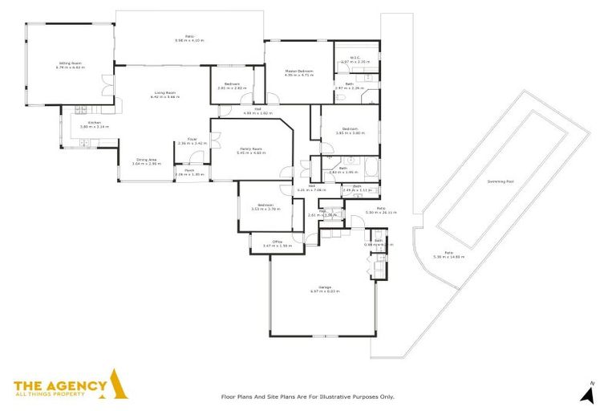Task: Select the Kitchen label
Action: coord(93,123)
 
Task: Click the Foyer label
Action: coord(192,139)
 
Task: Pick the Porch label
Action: coord(189,170)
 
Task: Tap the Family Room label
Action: coord(252,149)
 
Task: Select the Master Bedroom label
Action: coord(298,71)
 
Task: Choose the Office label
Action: coord(277,241)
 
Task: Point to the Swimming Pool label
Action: coord(500,181)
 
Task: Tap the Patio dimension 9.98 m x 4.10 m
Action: coord(191,40)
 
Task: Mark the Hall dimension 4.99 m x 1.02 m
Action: coord(258,113)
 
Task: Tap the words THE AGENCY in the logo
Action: coord(60,385)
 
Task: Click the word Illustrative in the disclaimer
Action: coord(338,397)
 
